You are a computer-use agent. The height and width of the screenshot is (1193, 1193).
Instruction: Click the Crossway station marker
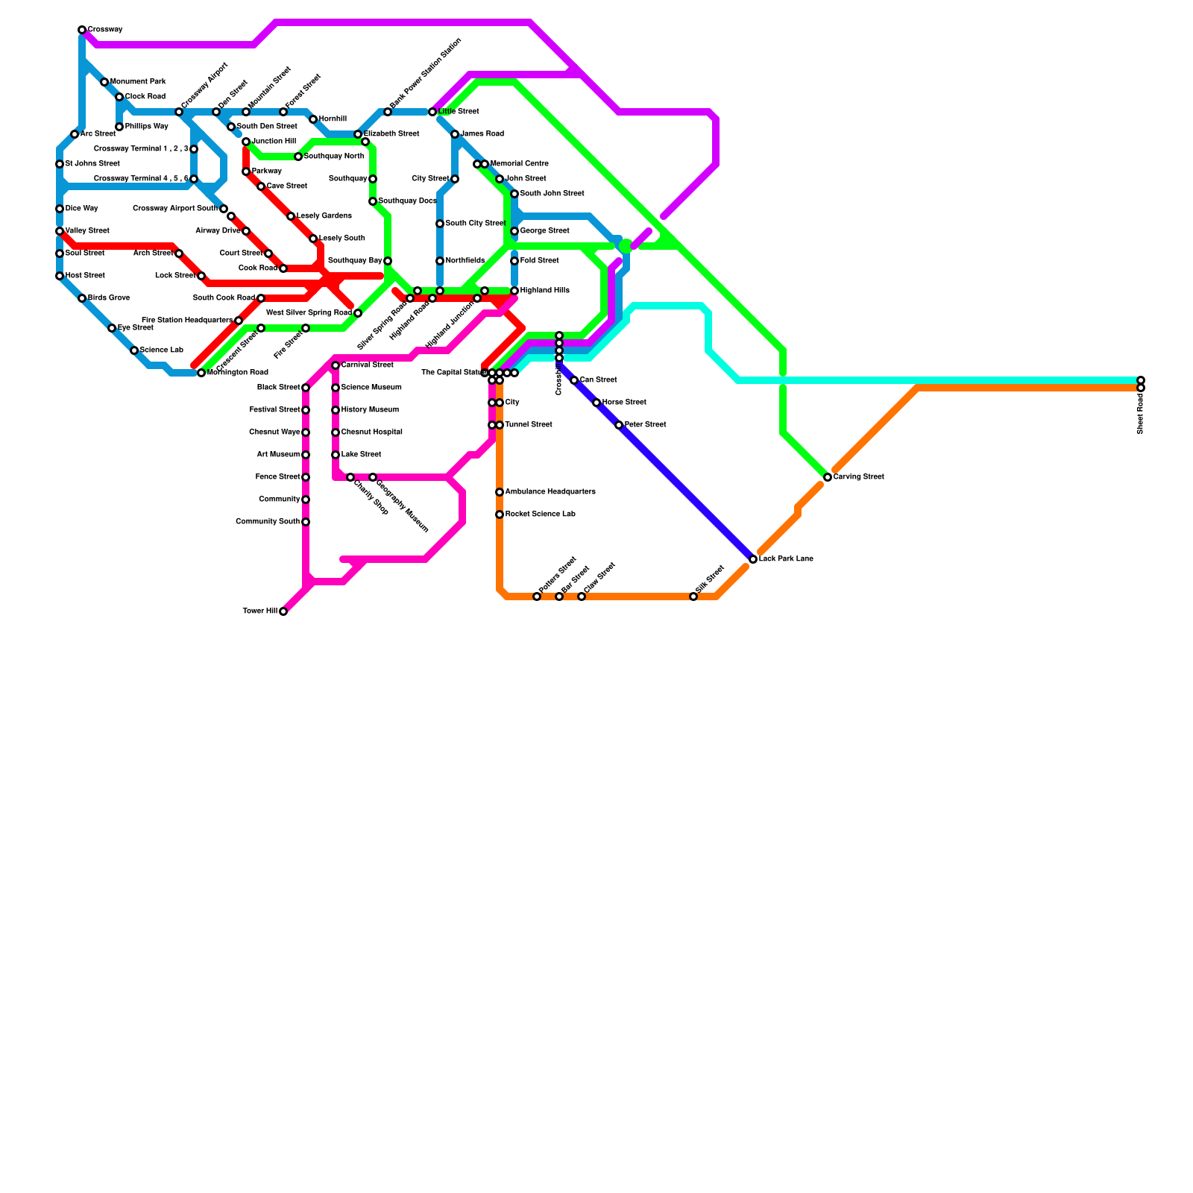point(82,30)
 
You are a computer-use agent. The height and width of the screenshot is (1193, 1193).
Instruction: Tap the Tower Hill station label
point(260,611)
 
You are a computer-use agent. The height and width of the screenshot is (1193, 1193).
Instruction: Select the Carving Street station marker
point(828,477)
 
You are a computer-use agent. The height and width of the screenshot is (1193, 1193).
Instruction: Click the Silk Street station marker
point(693,596)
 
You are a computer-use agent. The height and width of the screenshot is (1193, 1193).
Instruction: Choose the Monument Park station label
point(138,82)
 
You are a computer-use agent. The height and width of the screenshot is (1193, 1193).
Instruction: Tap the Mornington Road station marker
point(201,373)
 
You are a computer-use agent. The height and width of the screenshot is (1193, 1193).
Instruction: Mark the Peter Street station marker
point(619,425)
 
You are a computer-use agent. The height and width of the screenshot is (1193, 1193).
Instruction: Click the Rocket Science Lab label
point(540,514)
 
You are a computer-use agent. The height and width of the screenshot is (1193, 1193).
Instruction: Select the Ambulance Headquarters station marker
point(500,492)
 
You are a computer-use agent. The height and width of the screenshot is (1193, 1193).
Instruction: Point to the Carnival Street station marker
point(336,365)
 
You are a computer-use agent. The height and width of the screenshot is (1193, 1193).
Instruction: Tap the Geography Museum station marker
point(373,477)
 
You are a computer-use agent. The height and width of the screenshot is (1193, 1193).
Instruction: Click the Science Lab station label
point(161,350)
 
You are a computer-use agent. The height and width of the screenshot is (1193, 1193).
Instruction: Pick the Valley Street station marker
point(60,231)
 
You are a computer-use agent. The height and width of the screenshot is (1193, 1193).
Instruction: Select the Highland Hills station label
point(544,291)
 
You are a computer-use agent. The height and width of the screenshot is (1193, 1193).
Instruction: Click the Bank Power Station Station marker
point(388,112)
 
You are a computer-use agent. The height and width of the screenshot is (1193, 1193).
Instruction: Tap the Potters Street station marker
point(537,596)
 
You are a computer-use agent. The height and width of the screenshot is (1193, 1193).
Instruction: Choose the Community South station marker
point(306,522)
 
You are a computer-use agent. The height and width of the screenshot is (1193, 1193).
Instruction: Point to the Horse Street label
point(624,403)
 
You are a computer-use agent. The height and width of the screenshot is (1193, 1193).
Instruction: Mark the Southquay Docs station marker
point(373,201)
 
